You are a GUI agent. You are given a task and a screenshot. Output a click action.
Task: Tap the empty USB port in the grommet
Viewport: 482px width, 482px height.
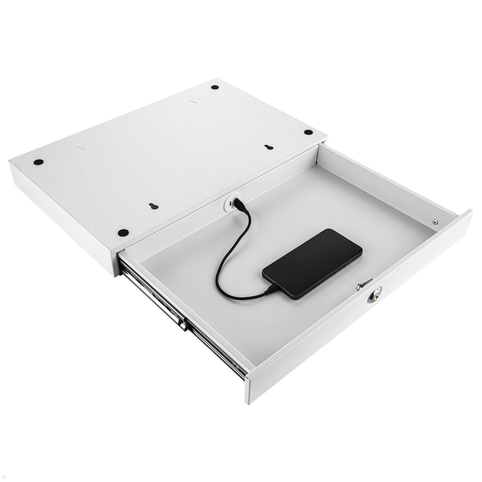tap(228, 205)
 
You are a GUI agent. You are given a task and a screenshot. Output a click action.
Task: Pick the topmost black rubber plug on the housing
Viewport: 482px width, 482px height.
tap(215, 87)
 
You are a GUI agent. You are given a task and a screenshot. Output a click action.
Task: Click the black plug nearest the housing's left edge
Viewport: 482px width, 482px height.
tap(39, 162)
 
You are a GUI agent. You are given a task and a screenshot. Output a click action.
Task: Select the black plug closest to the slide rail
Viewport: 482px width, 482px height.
tap(123, 232)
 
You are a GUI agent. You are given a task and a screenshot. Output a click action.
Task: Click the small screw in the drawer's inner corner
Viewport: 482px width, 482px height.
tap(435, 221)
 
